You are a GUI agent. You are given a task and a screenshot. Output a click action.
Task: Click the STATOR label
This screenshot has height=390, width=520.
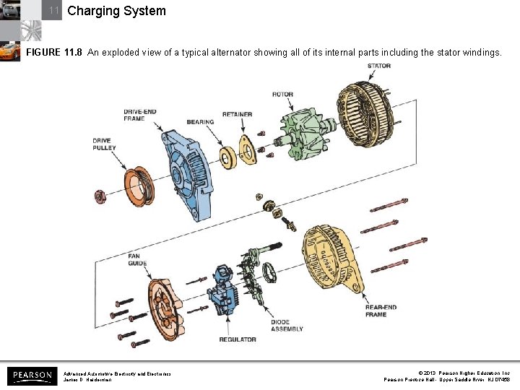click(379, 66)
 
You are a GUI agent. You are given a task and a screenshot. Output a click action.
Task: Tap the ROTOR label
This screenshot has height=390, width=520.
click(282, 95)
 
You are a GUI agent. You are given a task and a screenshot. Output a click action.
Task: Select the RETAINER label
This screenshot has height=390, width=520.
click(237, 114)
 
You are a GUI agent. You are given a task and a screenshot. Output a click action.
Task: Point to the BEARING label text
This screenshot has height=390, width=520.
click(200, 122)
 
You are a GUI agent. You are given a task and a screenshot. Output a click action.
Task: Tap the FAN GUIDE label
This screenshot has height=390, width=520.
click(137, 259)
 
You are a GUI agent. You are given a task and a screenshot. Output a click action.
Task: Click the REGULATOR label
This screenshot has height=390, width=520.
click(238, 339)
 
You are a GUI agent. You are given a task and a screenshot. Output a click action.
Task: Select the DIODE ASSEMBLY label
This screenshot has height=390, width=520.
click(287, 325)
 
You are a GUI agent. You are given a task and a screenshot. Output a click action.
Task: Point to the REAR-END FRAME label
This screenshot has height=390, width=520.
click(381, 311)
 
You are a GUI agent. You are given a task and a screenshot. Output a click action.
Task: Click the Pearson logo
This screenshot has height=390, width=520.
click(32, 376)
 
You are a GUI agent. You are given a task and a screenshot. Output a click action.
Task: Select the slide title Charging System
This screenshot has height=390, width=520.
click(116, 11)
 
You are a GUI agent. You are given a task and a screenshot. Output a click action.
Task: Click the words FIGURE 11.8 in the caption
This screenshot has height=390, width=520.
click(54, 53)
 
